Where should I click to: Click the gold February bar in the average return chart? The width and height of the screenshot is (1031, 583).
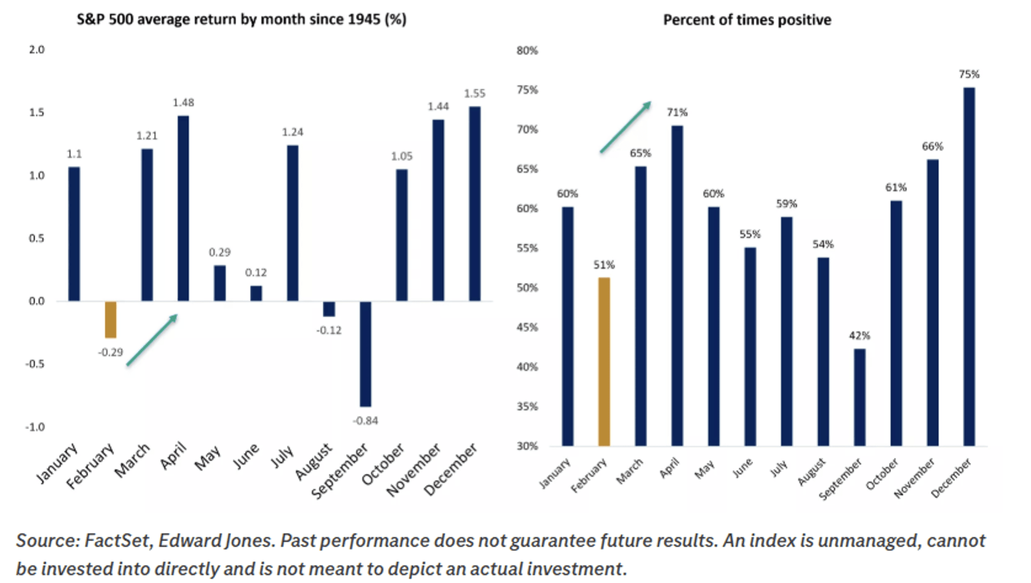[x=111, y=320]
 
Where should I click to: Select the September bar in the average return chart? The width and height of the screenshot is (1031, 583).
[x=365, y=354]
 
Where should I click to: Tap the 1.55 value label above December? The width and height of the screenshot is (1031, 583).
[x=475, y=94]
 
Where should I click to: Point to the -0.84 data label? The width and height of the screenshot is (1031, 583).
[x=365, y=421]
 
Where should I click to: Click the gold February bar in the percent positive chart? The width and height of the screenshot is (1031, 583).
[x=604, y=362]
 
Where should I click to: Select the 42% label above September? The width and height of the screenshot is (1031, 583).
[x=859, y=336]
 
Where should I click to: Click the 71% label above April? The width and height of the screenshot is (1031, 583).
[x=677, y=113]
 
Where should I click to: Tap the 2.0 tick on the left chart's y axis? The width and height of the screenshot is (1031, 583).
[x=36, y=50]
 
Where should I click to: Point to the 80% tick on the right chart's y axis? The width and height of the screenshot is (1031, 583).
[x=527, y=51]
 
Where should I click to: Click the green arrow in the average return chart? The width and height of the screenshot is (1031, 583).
[x=152, y=340]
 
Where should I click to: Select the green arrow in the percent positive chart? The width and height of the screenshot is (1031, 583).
[x=625, y=127]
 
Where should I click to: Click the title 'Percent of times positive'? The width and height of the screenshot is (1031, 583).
[x=747, y=20]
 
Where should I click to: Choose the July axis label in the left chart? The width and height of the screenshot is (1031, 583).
[x=283, y=456]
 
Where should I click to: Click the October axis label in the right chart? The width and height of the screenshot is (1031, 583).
[x=882, y=474]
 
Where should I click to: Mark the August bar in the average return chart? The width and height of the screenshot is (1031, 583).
[x=329, y=309]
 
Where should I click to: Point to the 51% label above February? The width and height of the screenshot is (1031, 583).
[x=604, y=265]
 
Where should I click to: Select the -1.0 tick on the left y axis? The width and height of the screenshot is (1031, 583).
[x=35, y=427]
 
